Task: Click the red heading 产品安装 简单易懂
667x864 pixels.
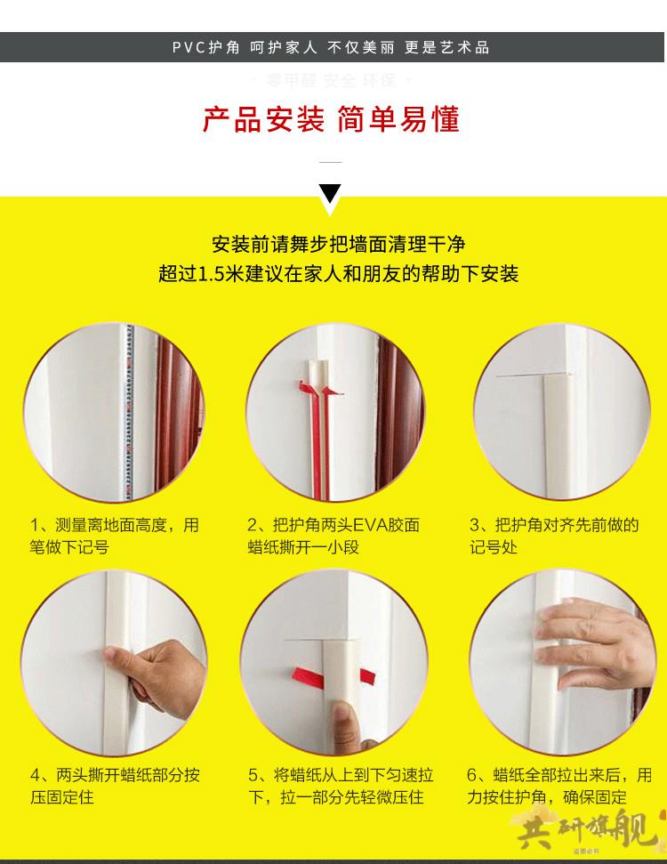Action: (331, 120)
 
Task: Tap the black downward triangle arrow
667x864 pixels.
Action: (330, 193)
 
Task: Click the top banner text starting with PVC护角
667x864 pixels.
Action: (331, 47)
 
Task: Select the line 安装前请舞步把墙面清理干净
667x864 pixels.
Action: (339, 243)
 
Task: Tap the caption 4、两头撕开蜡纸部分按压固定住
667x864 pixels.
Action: (114, 786)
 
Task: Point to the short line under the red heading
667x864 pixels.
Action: (330, 162)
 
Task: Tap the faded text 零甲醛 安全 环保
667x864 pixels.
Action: (331, 81)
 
